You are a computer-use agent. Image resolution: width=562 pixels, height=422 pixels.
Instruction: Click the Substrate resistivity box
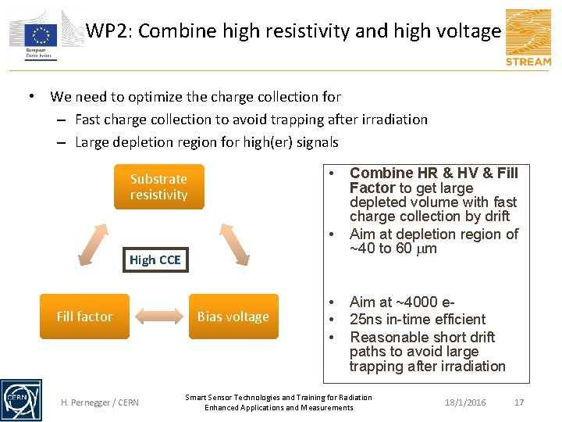coord(158,187)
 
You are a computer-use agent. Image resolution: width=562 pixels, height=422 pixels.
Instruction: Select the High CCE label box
coord(155,260)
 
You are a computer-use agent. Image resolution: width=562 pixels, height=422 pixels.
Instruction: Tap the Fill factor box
coord(84,316)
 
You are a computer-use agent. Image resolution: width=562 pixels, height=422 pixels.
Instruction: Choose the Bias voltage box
coord(233,316)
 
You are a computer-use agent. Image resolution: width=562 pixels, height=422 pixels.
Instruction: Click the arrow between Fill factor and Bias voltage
coord(159,316)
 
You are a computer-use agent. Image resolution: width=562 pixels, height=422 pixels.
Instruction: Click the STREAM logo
coord(528,38)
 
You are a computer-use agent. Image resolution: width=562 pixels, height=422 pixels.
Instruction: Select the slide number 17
coord(519,402)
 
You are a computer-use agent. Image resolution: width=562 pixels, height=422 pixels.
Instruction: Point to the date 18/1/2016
coord(465,402)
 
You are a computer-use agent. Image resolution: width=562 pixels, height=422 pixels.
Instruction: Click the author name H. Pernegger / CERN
coord(100,402)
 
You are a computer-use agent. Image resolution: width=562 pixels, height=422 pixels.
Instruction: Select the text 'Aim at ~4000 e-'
coord(403,302)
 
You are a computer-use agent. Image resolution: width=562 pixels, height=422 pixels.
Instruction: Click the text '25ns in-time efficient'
coord(418,319)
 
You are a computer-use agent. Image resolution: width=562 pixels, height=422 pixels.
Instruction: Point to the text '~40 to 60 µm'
coord(393,249)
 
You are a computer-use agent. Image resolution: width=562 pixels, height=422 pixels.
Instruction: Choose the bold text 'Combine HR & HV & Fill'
coord(433,173)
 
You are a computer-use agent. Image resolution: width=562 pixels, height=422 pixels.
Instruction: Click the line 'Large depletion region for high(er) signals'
coord(207,142)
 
